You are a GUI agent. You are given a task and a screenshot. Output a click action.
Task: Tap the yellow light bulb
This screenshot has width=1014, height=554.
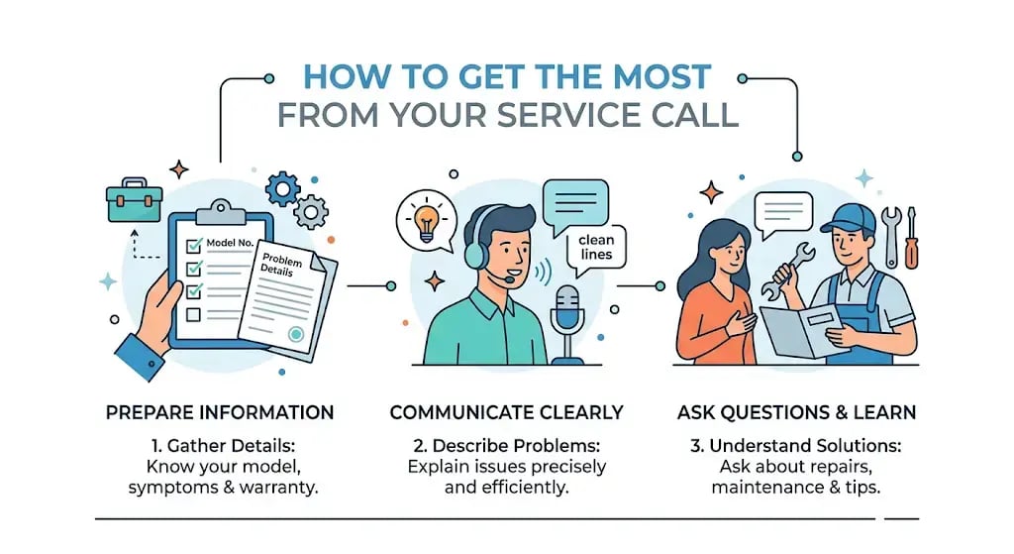[x=426, y=221]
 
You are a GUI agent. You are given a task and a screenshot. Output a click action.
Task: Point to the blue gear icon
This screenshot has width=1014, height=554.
[x=282, y=189]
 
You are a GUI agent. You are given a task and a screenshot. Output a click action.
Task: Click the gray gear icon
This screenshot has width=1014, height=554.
[x=311, y=212]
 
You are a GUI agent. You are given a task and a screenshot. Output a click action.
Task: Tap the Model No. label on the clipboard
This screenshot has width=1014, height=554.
[x=230, y=243]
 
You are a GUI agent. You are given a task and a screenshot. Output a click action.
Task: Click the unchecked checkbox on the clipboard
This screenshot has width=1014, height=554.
[x=193, y=315]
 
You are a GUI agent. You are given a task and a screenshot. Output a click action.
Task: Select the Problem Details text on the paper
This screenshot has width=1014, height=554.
[x=281, y=265]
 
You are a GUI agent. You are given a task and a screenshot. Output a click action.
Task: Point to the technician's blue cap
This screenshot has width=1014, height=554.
[x=849, y=219]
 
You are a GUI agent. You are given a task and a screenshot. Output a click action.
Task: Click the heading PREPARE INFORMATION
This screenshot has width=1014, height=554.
[x=220, y=413]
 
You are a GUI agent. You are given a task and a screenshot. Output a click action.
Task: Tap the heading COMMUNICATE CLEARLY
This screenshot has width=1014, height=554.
[x=506, y=413]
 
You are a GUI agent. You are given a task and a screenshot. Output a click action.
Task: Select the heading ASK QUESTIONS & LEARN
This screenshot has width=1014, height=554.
[x=797, y=413]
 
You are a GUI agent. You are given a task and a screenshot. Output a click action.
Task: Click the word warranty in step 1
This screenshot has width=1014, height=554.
[x=278, y=488]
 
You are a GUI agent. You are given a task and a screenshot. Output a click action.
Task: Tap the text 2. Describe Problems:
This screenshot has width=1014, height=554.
[x=506, y=446]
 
